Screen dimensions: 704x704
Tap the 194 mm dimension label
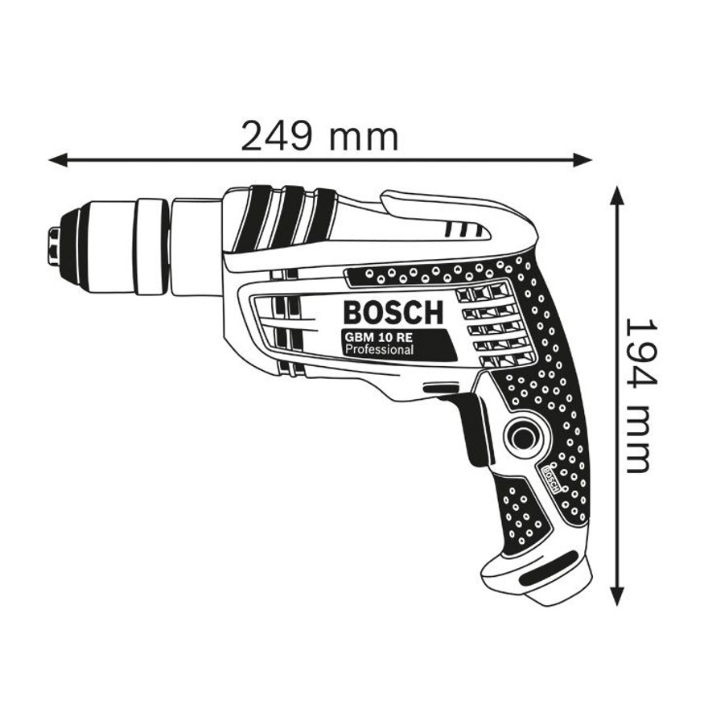(636, 396)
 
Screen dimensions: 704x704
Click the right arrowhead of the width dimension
(583, 159)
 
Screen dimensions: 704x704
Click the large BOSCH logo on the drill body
(393, 312)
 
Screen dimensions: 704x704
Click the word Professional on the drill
(378, 350)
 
